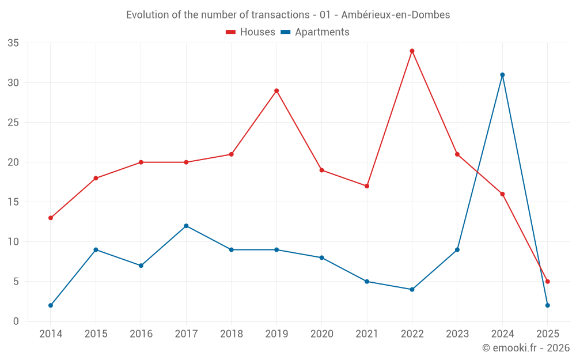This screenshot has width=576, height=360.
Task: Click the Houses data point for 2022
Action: [412, 51]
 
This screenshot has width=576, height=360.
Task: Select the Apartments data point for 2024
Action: [502, 75]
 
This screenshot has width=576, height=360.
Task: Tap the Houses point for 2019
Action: [276, 90]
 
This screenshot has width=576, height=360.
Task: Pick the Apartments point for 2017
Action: [186, 226]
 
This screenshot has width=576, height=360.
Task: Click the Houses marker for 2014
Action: [51, 218]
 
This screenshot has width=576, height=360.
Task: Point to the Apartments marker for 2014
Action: [51, 305]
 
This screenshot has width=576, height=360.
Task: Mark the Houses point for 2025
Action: [547, 282]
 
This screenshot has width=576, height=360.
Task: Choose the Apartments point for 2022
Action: [412, 289]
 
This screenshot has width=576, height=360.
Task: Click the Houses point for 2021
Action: [367, 186]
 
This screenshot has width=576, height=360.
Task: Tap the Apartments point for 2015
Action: [96, 249]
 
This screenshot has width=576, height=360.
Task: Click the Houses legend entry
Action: [251, 32]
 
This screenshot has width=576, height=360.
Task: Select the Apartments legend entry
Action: [315, 32]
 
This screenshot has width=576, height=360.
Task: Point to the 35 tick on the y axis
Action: [13, 43]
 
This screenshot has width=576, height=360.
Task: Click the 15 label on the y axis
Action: [13, 202]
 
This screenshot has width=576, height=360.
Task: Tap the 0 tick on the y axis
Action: [16, 321]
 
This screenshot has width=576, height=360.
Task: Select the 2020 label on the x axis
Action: [321, 334]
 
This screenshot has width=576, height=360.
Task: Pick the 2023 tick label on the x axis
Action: [457, 334]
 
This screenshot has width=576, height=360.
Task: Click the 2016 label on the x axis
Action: [141, 334]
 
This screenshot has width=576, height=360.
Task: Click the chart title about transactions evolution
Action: [288, 15]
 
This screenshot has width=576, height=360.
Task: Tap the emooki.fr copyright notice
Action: [525, 348]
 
